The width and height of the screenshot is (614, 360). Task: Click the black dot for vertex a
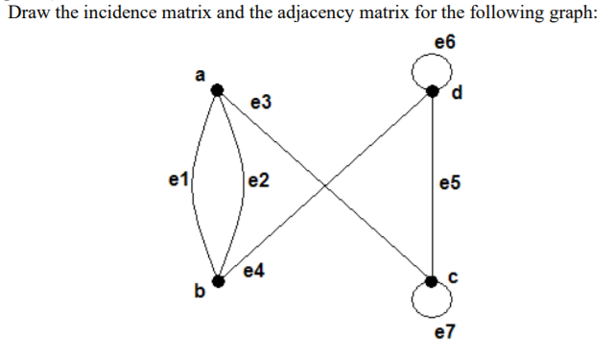219,89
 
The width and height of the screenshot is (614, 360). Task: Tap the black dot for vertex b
219,281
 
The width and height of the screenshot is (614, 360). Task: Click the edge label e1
177,179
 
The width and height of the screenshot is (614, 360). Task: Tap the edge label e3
259,102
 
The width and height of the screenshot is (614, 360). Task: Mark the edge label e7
445,332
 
